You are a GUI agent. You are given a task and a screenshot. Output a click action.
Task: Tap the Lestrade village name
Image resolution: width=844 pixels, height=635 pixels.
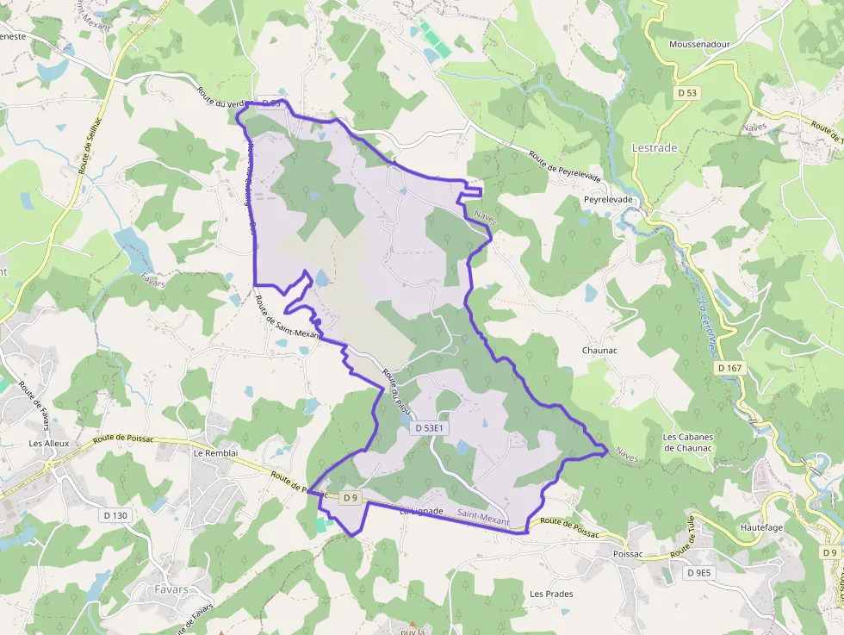[x=655, y=148]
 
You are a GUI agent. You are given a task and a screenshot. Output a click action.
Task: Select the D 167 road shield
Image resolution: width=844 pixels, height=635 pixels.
[x=729, y=368]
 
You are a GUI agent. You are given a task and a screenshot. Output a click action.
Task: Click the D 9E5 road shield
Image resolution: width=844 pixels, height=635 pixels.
[x=700, y=572]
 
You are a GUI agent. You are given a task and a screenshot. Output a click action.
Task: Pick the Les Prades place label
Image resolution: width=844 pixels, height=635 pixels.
[x=551, y=594]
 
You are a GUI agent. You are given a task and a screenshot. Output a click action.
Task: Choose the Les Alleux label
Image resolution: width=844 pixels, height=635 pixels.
[x=48, y=444]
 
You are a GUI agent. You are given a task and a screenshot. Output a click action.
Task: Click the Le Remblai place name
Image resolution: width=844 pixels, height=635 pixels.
[x=209, y=452]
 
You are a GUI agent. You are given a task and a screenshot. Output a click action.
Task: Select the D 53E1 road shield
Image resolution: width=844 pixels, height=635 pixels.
[x=429, y=427]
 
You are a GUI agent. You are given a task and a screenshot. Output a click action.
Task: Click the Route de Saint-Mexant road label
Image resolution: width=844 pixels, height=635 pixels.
[x=288, y=318]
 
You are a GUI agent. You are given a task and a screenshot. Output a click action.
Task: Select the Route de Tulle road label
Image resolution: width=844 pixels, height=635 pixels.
[x=683, y=541]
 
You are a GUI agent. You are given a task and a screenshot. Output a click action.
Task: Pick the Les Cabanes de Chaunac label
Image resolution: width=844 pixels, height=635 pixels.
[x=687, y=442]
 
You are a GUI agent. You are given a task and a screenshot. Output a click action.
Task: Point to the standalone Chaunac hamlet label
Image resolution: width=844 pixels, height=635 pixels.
[x=599, y=351]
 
